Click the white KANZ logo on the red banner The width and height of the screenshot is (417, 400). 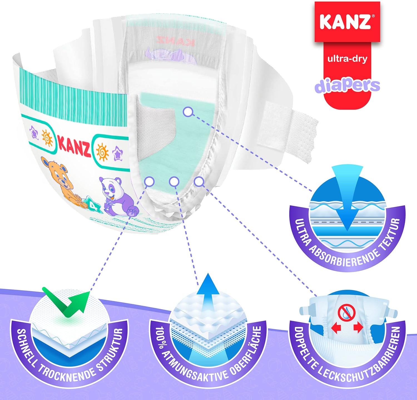pyautogui.click(x=346, y=21)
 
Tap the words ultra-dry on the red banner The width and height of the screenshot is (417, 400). pyautogui.click(x=347, y=59)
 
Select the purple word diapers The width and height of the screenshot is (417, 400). pyautogui.click(x=347, y=85)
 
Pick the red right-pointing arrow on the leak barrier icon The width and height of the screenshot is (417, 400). pyautogui.click(x=358, y=328)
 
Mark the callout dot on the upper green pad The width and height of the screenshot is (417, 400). pyautogui.click(x=188, y=112)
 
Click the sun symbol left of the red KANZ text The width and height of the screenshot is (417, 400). pyautogui.click(x=47, y=138)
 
